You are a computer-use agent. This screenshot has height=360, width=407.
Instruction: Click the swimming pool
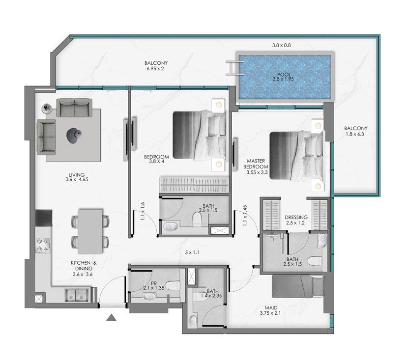[x=285, y=77]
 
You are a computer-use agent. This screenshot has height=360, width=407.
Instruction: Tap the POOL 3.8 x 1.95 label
[x=284, y=77]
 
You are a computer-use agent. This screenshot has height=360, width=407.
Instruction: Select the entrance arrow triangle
[x=111, y=317]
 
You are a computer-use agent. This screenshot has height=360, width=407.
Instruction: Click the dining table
[x=90, y=231]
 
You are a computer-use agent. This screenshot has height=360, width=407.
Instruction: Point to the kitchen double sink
[x=77, y=295]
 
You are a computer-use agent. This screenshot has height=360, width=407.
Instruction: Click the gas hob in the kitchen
[x=43, y=246]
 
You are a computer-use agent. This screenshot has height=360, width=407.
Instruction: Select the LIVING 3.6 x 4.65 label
[x=77, y=177]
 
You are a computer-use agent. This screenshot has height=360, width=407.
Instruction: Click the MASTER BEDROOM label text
[x=256, y=164]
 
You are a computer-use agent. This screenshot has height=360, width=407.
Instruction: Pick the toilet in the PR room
[x=173, y=286]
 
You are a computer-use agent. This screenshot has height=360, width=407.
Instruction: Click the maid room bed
[x=298, y=286]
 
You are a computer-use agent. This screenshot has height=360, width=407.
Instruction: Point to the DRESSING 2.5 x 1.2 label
[x=296, y=220]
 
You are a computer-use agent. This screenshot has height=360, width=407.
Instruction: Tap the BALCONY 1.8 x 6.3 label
[x=355, y=131]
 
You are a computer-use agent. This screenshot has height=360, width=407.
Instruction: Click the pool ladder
[x=234, y=68]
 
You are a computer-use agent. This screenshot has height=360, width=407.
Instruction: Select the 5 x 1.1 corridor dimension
[x=192, y=252]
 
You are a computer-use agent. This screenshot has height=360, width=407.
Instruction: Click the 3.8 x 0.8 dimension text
[x=281, y=45]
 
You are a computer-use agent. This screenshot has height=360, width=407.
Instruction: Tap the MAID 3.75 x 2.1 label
[x=270, y=310]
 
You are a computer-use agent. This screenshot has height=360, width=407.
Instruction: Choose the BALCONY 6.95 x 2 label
[x=156, y=66]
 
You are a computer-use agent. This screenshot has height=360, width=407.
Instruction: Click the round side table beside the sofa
[x=47, y=108]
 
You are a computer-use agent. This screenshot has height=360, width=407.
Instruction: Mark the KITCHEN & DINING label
[x=84, y=269]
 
